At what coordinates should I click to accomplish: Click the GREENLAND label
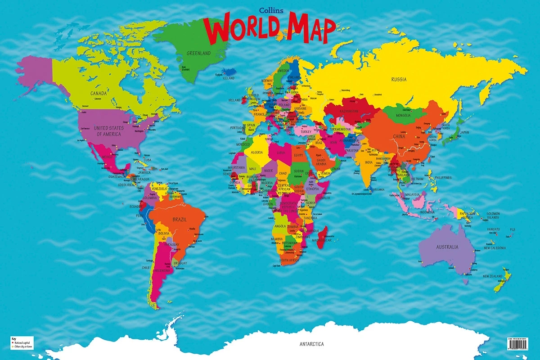pyautogui.click(x=198, y=53)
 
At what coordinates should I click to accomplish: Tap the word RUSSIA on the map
pyautogui.click(x=399, y=79)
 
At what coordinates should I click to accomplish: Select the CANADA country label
pyautogui.click(x=99, y=94)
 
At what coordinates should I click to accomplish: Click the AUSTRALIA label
pyautogui.click(x=447, y=247)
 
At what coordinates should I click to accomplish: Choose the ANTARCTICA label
pyautogui.click(x=311, y=344)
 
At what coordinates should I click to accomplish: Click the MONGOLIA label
pyautogui.click(x=403, y=115)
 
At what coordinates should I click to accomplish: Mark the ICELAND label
pyautogui.click(x=229, y=78)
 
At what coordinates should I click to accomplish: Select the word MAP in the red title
pyautogui.click(x=311, y=29)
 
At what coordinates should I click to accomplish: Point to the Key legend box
pyautogui.click(x=22, y=342)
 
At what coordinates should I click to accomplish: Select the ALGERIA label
pyautogui.click(x=256, y=152)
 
